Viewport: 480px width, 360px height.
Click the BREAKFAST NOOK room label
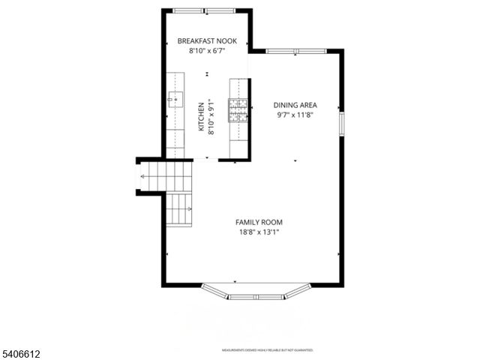coord(206,41)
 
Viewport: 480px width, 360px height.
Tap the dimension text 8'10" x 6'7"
coord(206,52)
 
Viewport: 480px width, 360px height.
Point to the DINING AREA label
coord(294,106)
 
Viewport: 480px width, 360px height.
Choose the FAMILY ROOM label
coord(259,222)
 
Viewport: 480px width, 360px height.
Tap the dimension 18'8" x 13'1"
coord(259,232)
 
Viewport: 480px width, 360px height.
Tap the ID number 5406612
coord(23,351)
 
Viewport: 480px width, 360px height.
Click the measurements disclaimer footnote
coord(267,350)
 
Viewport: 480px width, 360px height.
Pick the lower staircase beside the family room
coord(178,209)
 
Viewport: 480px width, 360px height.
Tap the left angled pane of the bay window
coord(215,290)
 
